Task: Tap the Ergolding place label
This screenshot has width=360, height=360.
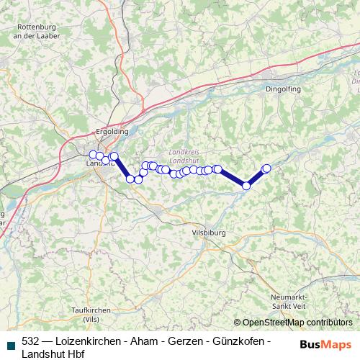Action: [x=112, y=132]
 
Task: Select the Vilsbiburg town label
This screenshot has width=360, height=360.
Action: [x=210, y=233]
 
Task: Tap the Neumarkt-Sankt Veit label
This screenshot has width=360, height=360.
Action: [x=289, y=302]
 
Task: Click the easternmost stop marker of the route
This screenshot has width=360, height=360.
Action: [x=266, y=168]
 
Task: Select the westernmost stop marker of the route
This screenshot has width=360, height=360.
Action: [x=92, y=154]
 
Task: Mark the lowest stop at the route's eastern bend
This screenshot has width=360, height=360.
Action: [x=246, y=186]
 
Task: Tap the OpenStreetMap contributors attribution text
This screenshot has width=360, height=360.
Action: [x=297, y=323]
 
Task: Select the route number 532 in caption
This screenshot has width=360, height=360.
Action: [x=30, y=341]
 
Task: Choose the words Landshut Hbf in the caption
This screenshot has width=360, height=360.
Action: [x=53, y=354]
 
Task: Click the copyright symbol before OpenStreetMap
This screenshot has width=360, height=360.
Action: [x=238, y=323]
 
